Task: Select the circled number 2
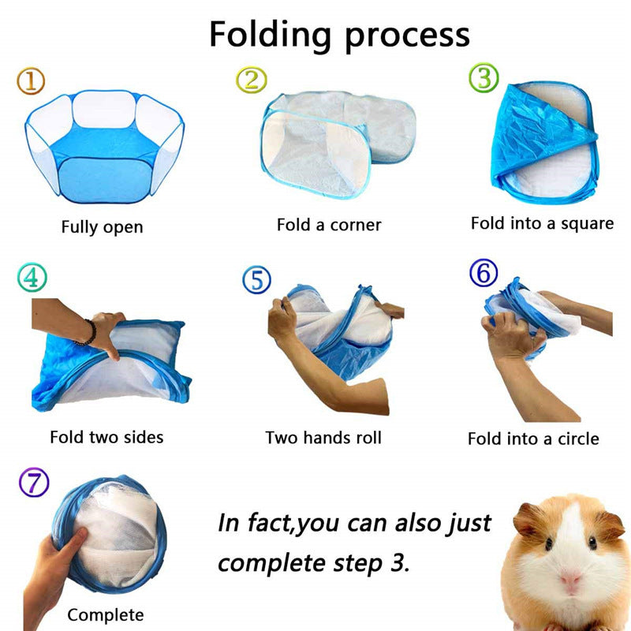252,78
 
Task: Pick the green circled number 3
484,77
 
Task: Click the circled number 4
31,278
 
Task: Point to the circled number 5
256,279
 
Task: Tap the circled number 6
484,274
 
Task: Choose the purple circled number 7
33,483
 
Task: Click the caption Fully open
102,227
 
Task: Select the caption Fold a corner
328,225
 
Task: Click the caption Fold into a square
542,223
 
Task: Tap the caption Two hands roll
323,437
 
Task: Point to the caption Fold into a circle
533,439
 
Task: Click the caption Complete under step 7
105,615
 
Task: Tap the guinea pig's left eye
547,543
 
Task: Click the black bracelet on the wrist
89,331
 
